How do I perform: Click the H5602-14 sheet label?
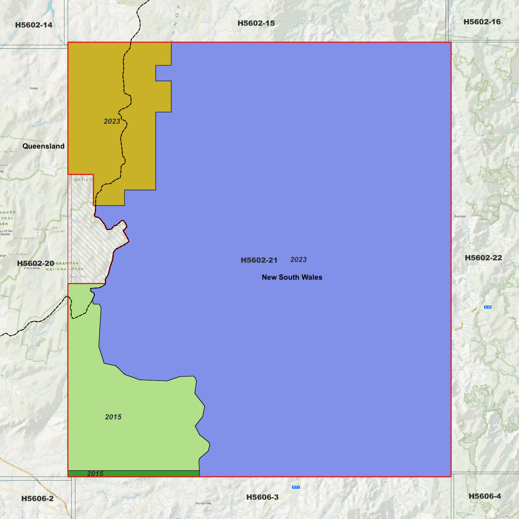[x=34, y=25]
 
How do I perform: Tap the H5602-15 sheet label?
[x=256, y=23]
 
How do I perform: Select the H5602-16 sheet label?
[x=482, y=22]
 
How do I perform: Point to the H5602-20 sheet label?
[x=36, y=264]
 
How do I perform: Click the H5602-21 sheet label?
[x=259, y=260]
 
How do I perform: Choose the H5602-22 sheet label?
[x=483, y=258]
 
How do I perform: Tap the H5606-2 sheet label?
[x=37, y=499]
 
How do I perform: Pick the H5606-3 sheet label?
[x=262, y=497]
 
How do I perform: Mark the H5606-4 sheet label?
[x=485, y=496]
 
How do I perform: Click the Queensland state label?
[x=43, y=146]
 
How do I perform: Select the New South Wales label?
[x=292, y=277]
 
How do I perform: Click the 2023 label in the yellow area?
[x=112, y=121]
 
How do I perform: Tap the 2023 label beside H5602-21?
[x=298, y=260]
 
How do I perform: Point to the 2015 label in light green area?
[x=113, y=417]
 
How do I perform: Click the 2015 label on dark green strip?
[x=95, y=474]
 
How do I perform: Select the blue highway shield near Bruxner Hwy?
[x=487, y=307]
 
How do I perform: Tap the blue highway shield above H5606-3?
[x=296, y=487]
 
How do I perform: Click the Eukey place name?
[x=34, y=88]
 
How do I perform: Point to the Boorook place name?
[x=460, y=216]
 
